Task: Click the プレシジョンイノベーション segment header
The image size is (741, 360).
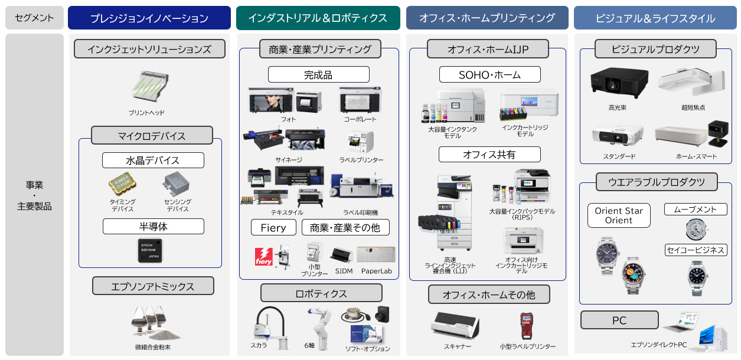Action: click(x=149, y=18)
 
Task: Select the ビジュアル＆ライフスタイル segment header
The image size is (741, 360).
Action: click(x=655, y=18)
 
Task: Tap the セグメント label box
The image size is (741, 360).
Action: click(x=34, y=18)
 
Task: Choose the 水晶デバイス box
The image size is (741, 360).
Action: click(x=153, y=161)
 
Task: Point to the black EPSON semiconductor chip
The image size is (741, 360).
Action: click(x=150, y=250)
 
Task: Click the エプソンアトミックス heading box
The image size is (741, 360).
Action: click(x=153, y=286)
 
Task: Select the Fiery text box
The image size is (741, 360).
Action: click(x=273, y=228)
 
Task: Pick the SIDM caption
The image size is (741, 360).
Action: click(x=344, y=270)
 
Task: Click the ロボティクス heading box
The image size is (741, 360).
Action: click(x=321, y=293)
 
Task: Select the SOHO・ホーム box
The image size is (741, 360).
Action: click(x=489, y=74)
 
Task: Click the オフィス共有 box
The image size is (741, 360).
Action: click(x=489, y=155)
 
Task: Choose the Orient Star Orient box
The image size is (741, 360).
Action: click(x=618, y=215)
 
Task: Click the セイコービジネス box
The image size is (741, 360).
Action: click(x=695, y=250)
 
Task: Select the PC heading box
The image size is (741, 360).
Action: click(x=619, y=320)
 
